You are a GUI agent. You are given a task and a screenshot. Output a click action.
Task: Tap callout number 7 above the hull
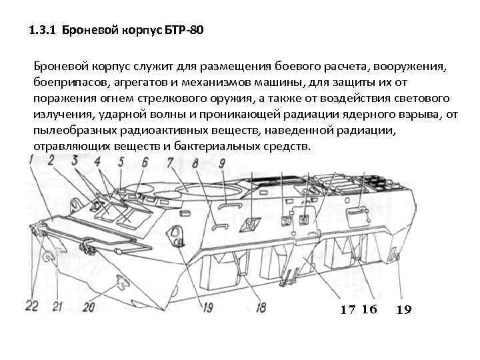171,161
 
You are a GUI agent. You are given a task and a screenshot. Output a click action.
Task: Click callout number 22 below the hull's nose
32,305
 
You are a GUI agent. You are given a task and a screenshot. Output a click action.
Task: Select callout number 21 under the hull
58,305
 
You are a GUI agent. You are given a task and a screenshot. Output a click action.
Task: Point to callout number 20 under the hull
88,305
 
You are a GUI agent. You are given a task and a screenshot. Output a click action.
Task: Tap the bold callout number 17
348,309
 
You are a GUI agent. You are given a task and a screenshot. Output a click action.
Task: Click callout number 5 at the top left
121,161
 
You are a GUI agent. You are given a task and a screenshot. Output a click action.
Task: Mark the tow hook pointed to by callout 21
48,257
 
